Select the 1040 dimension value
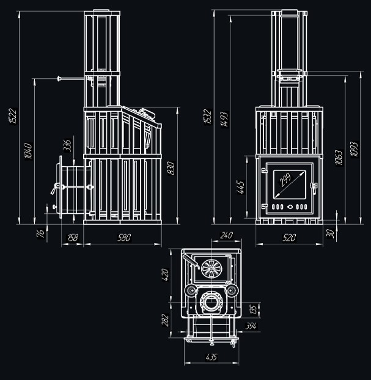[x=28, y=150]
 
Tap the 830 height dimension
[x=171, y=167]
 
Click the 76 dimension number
[x=41, y=233]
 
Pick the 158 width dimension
[x=72, y=238]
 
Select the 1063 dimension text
[x=338, y=157]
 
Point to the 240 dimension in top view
[x=227, y=235]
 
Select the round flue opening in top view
[x=211, y=302]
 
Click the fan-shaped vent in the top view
[x=210, y=269]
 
